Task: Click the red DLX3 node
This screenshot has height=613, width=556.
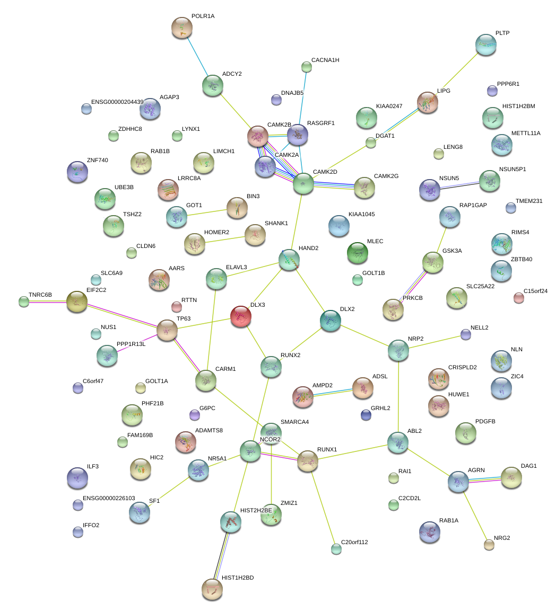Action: [241, 316]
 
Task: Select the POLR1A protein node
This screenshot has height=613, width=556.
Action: [182, 28]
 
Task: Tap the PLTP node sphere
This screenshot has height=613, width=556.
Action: [485, 45]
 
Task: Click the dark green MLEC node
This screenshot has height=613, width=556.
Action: [357, 253]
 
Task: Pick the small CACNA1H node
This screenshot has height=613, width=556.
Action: [307, 67]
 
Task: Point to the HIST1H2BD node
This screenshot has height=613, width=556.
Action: [212, 589]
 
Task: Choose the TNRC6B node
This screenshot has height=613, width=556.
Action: [24, 302]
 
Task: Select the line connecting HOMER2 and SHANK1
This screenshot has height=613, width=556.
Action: [224, 240]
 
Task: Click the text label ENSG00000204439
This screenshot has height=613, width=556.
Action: [117, 102]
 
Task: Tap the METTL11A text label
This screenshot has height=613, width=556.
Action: [526, 133]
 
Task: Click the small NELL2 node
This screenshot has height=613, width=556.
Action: [466, 334]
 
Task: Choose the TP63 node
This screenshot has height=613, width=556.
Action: [167, 330]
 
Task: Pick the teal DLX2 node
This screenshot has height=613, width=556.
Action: [331, 321]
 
